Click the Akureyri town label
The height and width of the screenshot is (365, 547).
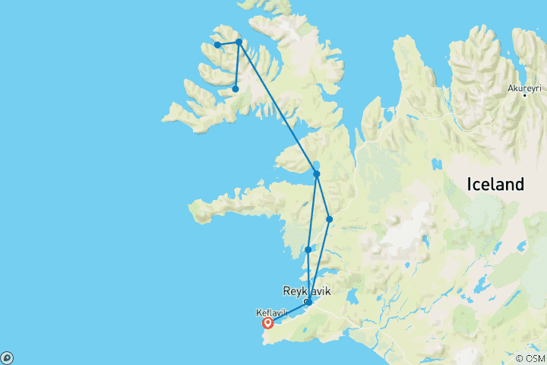click(x=525, y=87)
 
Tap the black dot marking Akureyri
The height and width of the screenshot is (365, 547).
click(x=525, y=95)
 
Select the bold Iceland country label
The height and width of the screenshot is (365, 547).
click(x=495, y=184)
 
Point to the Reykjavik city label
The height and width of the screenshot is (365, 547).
click(x=307, y=290)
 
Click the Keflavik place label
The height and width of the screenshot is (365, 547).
click(x=272, y=313)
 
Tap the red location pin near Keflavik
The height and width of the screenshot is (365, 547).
click(x=267, y=322)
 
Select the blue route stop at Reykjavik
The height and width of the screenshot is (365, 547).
click(x=308, y=303)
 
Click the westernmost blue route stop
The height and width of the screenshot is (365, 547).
click(x=218, y=45)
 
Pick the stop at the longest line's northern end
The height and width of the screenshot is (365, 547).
click(x=239, y=42)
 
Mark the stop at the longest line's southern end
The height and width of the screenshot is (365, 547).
click(x=316, y=174)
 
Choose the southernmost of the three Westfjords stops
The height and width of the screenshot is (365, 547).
click(x=236, y=89)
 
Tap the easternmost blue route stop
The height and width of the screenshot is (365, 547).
click(x=330, y=219)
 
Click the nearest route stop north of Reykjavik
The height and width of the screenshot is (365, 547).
click(x=308, y=249)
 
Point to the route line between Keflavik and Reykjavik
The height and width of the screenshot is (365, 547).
click(x=289, y=313)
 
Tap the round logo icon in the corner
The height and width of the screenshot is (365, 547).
click(x=6, y=358)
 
